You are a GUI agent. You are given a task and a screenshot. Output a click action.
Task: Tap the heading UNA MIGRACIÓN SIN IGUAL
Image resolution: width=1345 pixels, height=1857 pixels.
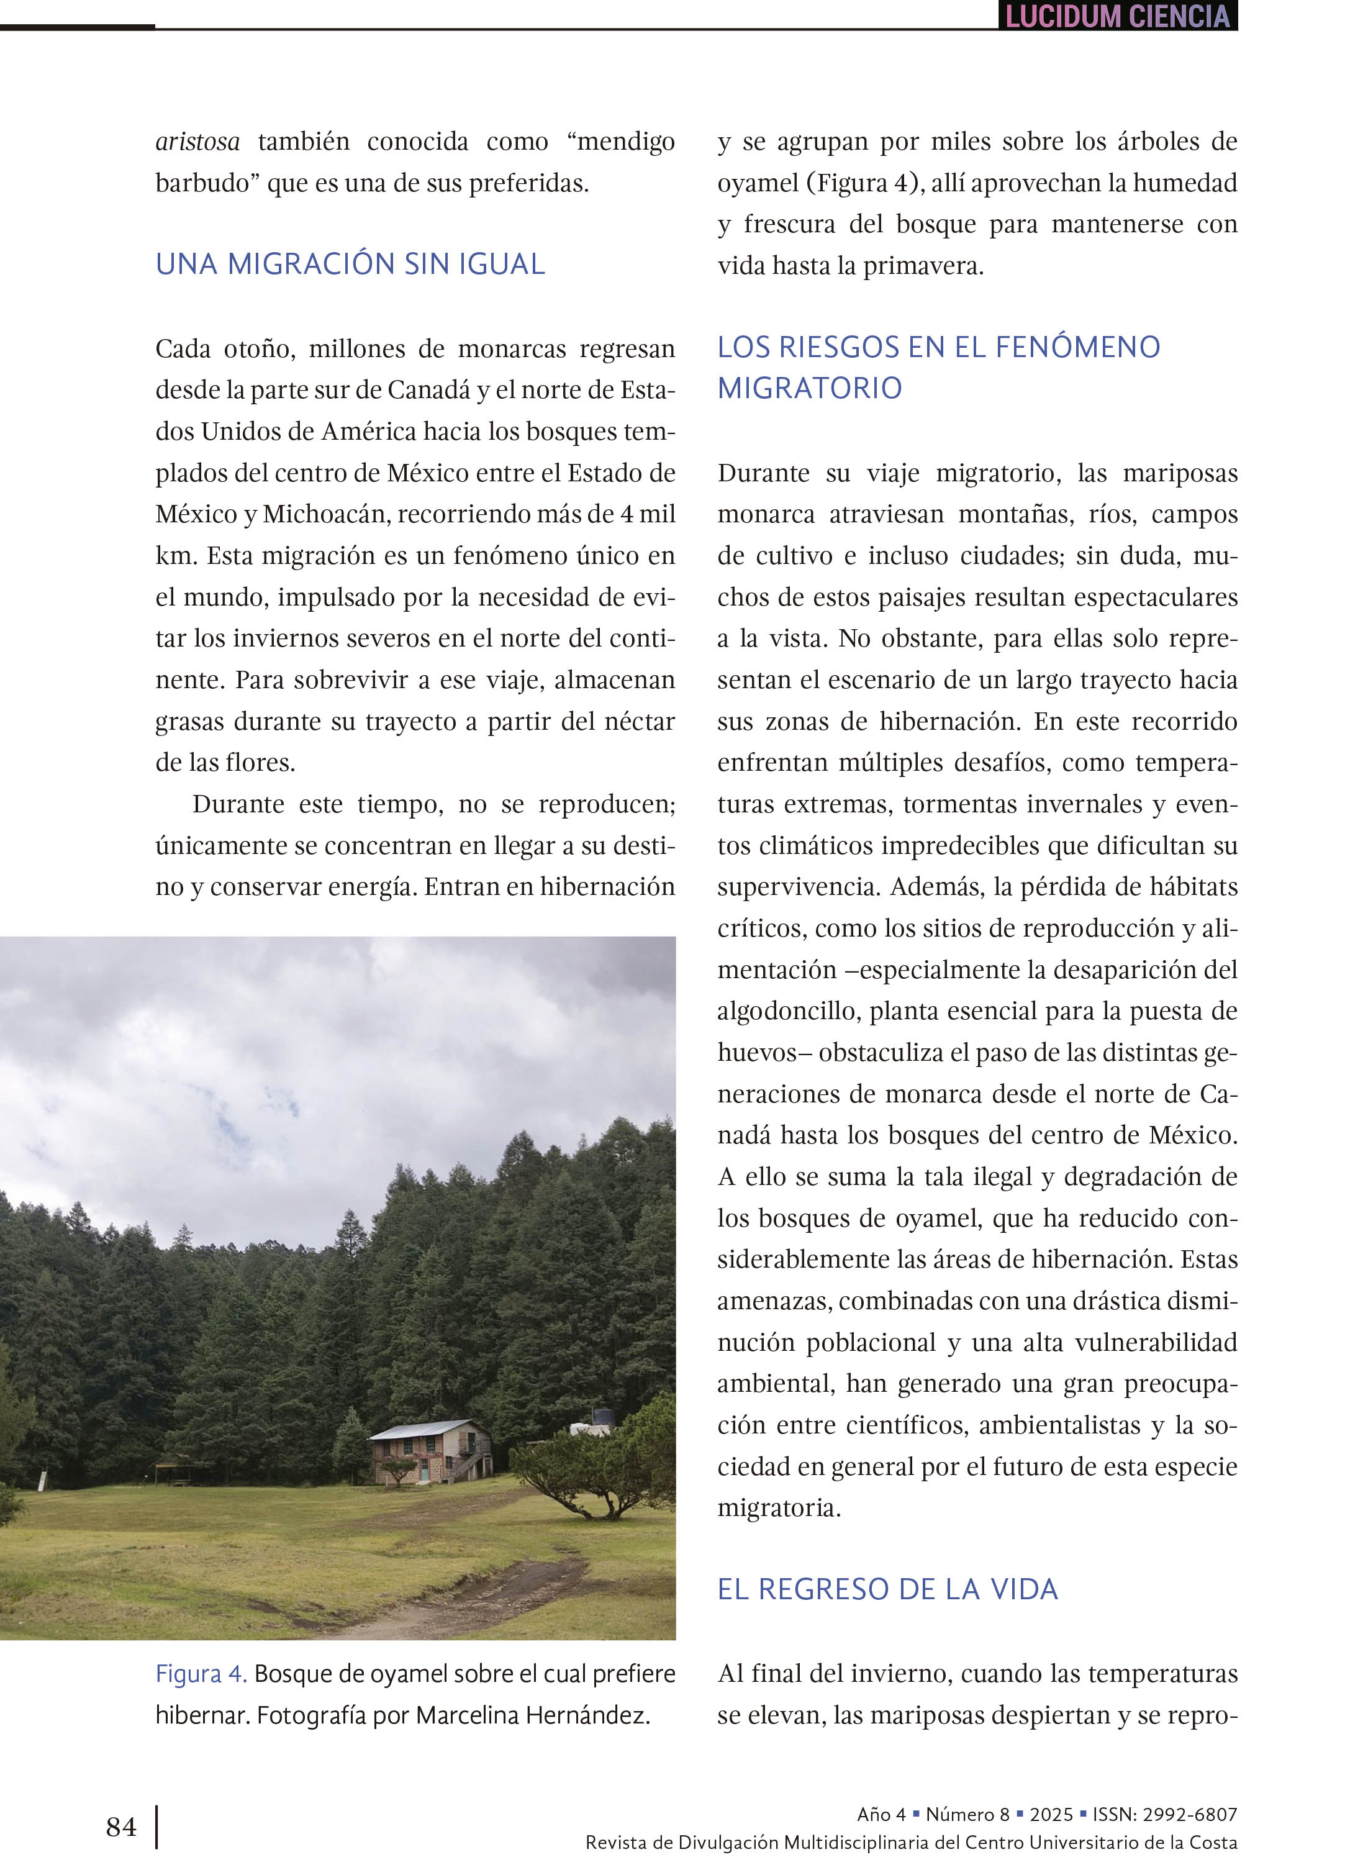point(350,265)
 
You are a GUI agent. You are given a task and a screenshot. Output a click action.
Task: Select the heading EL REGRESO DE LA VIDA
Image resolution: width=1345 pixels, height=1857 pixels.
point(887,1589)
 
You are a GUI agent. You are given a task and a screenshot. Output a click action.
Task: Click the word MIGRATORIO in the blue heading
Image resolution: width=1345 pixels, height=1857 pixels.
point(809,388)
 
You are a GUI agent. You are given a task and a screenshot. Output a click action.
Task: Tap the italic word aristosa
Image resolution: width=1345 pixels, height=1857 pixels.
point(197,142)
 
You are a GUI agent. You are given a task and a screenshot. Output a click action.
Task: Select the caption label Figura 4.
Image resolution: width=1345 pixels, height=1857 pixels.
point(201,1674)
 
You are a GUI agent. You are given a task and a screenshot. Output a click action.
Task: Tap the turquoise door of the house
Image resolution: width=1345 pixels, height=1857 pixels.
point(424,1473)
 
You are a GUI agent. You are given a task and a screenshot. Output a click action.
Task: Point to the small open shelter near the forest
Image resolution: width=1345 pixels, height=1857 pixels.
point(172,1469)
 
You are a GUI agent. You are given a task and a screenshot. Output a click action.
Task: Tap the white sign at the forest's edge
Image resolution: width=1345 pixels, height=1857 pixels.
point(41,1479)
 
